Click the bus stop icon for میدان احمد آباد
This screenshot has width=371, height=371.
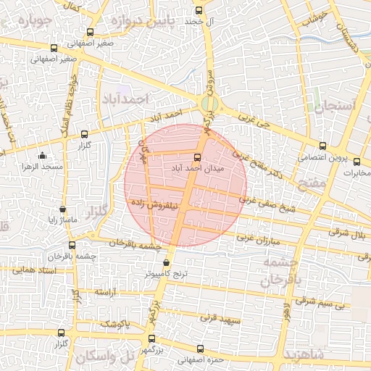pos(197,157)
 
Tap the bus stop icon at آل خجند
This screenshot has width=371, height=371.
pos(199,11)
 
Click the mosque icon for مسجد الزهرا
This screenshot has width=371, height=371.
pos(42,155)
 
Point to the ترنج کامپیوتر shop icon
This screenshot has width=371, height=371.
pos(167,263)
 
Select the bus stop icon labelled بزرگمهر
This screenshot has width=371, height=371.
pos(151,338)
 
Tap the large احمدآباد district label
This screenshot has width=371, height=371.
pos(125,98)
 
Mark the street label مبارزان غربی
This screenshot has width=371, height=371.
pos(257,238)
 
